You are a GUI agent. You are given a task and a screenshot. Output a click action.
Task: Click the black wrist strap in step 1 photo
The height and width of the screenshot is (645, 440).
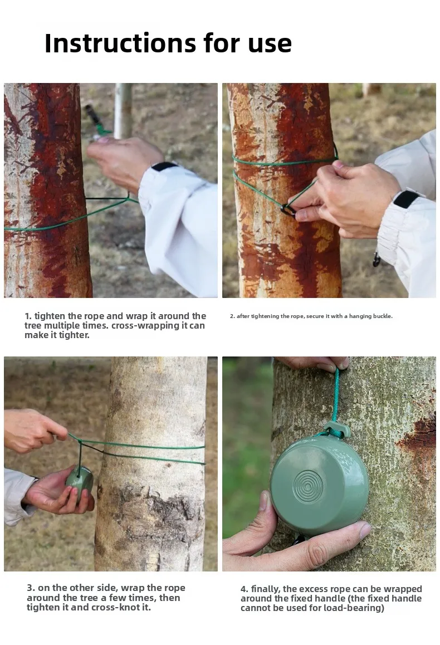coord(164,167)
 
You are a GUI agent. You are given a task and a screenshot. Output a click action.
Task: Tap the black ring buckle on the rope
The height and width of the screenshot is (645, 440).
coord(287,210)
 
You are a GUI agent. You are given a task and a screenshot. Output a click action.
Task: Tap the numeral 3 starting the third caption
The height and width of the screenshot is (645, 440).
coord(30,588)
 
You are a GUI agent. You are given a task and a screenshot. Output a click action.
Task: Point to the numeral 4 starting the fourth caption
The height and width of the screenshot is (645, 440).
coord(243,589)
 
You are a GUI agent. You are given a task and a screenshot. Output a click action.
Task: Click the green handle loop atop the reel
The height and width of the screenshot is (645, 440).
coord(337,429)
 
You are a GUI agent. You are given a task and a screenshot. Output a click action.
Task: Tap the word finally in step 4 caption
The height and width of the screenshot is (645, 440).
coord(266,589)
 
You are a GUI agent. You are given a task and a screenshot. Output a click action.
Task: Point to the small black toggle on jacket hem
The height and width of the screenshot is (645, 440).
coord(377,259)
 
